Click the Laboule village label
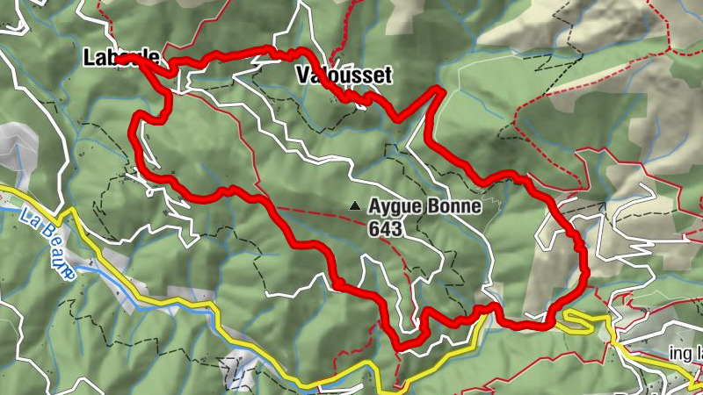pos(121,59)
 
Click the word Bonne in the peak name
pos(452,207)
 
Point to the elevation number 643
pos(386,229)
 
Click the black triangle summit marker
pos(355,206)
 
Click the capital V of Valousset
pos(304,76)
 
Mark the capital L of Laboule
pos(89,59)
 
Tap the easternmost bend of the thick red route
pos(584,263)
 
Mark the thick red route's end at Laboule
pos(121,59)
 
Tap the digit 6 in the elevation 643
pos(375,229)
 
